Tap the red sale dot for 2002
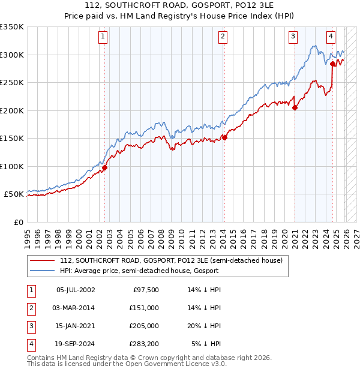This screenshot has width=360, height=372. (104, 168)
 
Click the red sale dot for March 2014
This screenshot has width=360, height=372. (224, 137)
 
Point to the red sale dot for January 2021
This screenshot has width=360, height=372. (295, 108)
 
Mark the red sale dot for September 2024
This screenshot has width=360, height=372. (332, 62)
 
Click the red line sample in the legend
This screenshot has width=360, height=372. (43, 261)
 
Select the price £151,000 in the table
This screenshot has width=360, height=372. (144, 308)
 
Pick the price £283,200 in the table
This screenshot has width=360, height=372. (144, 344)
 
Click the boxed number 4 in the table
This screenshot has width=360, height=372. (31, 344)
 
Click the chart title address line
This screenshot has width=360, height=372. (180, 5)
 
